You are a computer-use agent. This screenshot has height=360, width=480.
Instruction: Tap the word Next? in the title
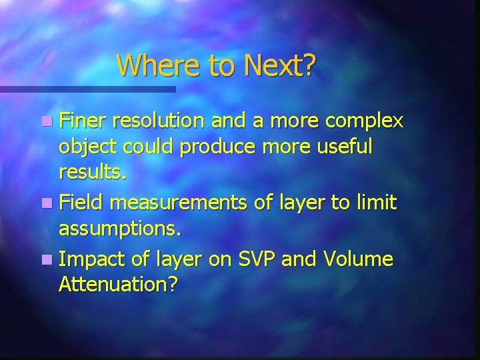coord(279,65)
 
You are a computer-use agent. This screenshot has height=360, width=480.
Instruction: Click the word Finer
coord(83,122)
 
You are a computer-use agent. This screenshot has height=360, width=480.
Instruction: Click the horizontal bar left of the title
coord(87,89)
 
